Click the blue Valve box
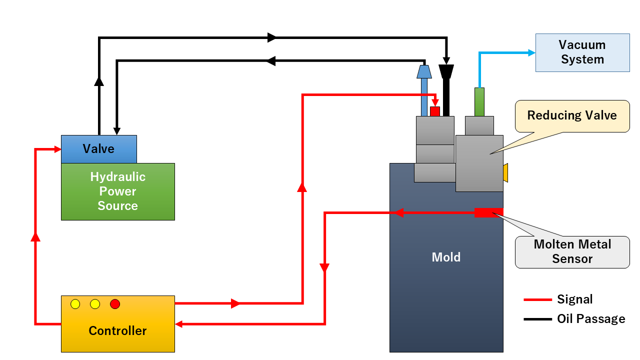click(98, 149)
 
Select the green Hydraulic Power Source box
click(117, 191)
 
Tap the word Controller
click(117, 330)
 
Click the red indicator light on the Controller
click(115, 304)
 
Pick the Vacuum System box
click(582, 52)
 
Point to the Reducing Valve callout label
click(572, 116)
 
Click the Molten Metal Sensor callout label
click(572, 252)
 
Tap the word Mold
click(446, 257)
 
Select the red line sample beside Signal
click(537, 300)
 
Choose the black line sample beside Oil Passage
click(537, 319)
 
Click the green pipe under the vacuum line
click(479, 101)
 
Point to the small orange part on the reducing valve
click(505, 173)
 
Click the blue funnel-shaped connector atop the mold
click(424, 71)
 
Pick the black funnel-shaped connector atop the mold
click(446, 71)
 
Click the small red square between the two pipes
click(435, 111)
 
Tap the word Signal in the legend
click(574, 299)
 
